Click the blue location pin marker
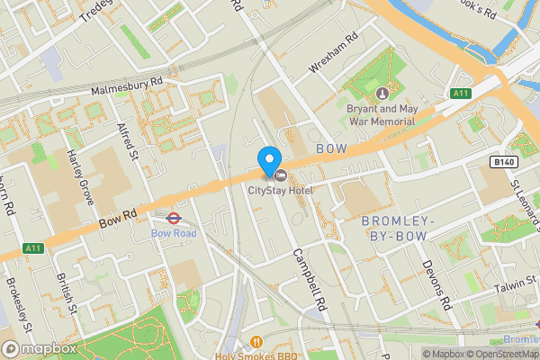click(x=268, y=160)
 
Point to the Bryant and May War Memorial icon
click(x=382, y=93)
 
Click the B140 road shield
click(x=506, y=161)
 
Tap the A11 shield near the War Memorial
click(x=461, y=93)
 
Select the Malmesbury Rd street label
click(x=126, y=85)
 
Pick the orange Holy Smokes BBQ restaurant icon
click(x=256, y=341)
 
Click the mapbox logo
click(x=38, y=348)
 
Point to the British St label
click(x=62, y=292)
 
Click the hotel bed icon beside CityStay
click(x=280, y=175)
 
